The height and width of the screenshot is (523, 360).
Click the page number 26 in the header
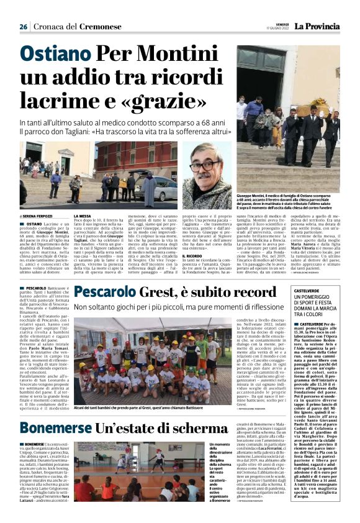tap(24, 27)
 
